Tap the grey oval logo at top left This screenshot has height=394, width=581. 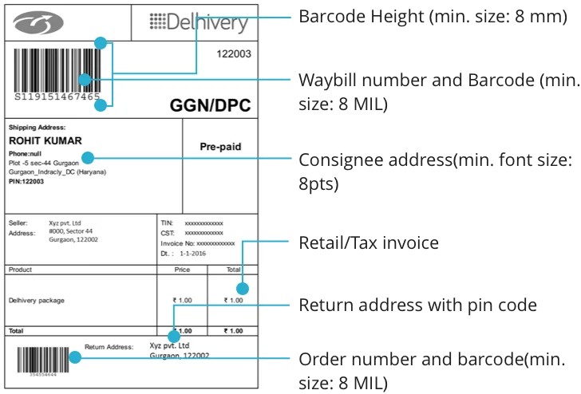point(38,23)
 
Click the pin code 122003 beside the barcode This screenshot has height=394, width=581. point(234,54)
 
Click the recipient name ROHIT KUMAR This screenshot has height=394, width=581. point(45,141)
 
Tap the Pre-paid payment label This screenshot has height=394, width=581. point(220,147)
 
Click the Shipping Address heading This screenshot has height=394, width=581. point(37,127)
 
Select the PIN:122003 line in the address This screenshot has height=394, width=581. point(26,181)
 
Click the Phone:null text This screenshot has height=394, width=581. point(26,152)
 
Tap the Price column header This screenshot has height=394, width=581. point(182,270)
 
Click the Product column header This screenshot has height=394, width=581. point(20,270)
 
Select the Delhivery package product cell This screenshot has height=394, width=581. point(36,301)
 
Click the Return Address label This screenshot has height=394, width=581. point(109,348)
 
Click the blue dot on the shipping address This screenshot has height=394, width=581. point(88,158)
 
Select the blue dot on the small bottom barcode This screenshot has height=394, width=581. point(74,358)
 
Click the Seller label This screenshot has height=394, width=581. point(18,223)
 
